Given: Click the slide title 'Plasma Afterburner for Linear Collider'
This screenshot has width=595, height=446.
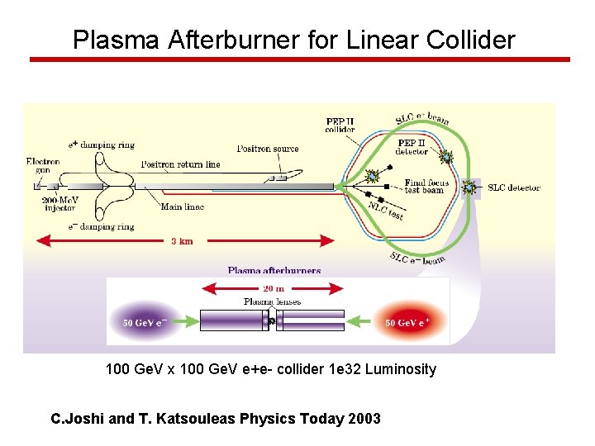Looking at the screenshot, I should (x=293, y=40).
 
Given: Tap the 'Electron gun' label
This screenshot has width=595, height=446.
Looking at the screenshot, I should (x=43, y=165).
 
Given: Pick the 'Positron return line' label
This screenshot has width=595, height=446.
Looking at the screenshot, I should (x=180, y=164).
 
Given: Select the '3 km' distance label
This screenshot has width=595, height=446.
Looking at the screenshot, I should (x=183, y=241).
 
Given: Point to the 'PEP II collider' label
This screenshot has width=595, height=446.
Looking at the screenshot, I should (x=340, y=125).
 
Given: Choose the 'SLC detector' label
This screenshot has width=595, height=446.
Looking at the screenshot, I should (x=513, y=187).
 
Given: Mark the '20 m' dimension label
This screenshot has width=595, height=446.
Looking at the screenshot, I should (x=273, y=289).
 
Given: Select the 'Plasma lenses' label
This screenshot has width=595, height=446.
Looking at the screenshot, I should (x=272, y=301).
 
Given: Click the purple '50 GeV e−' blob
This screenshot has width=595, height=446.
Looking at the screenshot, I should (x=145, y=322).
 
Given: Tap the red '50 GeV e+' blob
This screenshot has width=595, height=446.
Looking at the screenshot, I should (x=407, y=322).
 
